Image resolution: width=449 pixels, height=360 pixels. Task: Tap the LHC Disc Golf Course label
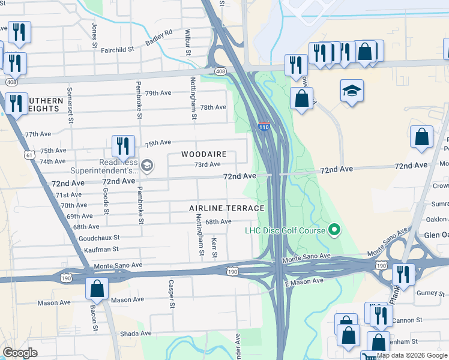click(285, 230)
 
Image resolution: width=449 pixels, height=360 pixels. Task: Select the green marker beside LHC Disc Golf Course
click(335, 230)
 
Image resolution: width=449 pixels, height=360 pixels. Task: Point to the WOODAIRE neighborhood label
click(204, 154)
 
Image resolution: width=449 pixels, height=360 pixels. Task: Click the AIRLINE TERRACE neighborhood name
click(226, 208)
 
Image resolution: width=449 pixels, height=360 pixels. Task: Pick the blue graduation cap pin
click(351, 92)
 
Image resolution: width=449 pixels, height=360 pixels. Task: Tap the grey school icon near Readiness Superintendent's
click(146, 164)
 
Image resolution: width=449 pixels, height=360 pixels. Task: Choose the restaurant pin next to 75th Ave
click(123, 146)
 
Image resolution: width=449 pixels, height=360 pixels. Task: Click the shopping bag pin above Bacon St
click(97, 290)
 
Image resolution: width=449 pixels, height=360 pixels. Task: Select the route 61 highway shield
click(29, 155)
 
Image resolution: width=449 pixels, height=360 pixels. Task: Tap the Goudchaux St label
click(99, 238)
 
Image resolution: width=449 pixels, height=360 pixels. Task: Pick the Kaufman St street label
click(101, 249)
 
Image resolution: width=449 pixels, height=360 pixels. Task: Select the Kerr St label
click(214, 247)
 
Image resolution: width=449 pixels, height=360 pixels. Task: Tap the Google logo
click(20, 353)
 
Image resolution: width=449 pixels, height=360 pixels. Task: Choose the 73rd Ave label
click(207, 164)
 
